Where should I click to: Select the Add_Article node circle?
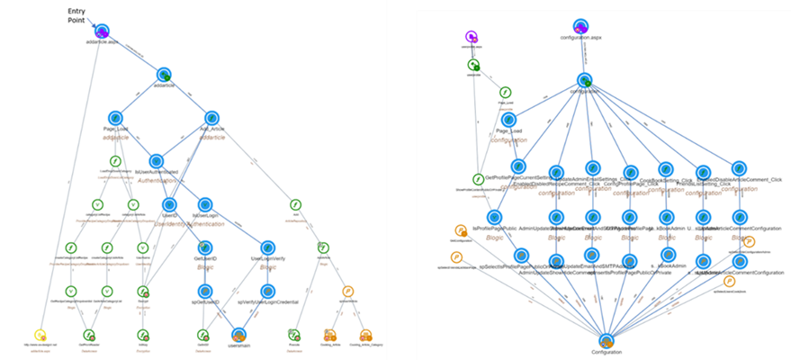click(x=212, y=117)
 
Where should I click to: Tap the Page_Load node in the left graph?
click(x=114, y=117)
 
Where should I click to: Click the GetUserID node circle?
click(x=204, y=247)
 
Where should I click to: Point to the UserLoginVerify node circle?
click(x=267, y=247)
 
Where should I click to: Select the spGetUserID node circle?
click(x=204, y=291)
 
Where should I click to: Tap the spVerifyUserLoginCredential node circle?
click(x=267, y=291)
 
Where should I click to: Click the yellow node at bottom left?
click(x=39, y=335)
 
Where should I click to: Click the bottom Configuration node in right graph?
click(x=606, y=342)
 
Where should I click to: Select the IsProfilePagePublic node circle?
click(x=493, y=217)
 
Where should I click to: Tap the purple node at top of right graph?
click(x=470, y=36)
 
